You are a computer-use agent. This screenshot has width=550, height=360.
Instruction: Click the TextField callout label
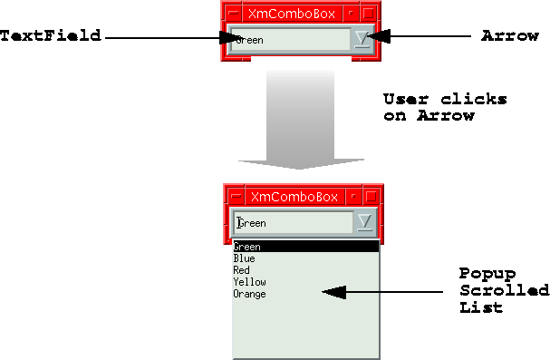[51, 35]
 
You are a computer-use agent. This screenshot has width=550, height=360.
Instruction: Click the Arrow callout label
[509, 35]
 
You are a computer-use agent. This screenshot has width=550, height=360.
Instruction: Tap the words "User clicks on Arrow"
[445, 107]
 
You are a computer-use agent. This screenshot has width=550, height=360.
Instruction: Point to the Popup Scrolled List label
[504, 290]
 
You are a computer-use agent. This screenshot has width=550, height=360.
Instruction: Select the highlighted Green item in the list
[306, 247]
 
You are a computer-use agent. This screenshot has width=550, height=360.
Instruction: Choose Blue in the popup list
[244, 258]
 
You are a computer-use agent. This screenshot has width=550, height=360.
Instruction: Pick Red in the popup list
[241, 270]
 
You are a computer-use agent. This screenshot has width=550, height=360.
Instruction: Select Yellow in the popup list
[250, 282]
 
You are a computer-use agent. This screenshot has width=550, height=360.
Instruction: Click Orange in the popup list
[250, 294]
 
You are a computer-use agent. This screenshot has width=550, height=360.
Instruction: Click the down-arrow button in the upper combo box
[362, 39]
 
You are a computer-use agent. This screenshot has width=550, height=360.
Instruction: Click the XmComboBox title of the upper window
[292, 14]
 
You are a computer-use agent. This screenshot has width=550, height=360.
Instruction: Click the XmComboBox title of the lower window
[294, 197]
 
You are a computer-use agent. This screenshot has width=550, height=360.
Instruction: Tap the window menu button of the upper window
[233, 14]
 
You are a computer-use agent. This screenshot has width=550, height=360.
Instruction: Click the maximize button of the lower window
[371, 196]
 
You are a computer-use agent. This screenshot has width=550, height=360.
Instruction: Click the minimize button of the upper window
[351, 14]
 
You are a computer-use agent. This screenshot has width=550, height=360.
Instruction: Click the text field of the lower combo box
[294, 222]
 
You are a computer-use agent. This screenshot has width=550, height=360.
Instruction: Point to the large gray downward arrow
[301, 120]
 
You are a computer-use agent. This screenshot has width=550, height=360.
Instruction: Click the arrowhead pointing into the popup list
[334, 292]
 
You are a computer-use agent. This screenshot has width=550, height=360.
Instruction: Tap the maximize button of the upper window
[368, 14]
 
